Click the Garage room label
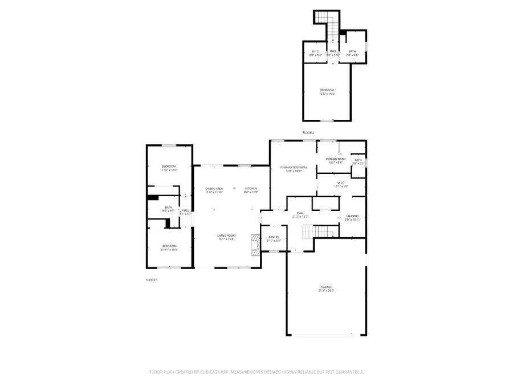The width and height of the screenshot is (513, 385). point(326,289)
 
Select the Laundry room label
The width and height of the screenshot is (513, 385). point(352,217)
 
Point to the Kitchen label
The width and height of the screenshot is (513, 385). point(251,190)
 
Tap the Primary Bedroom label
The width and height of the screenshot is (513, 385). point(293,168)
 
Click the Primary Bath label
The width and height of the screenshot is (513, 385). point(335,160)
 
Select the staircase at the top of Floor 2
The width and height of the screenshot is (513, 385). point(325,23)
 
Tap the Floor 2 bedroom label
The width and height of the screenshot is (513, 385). point(327,92)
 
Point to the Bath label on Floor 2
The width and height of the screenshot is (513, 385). point(352,53)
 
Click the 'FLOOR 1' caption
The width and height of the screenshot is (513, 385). point(152,280)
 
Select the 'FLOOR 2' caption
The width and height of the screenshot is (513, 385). point(308,132)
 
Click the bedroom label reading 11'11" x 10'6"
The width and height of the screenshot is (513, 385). point(169,248)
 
